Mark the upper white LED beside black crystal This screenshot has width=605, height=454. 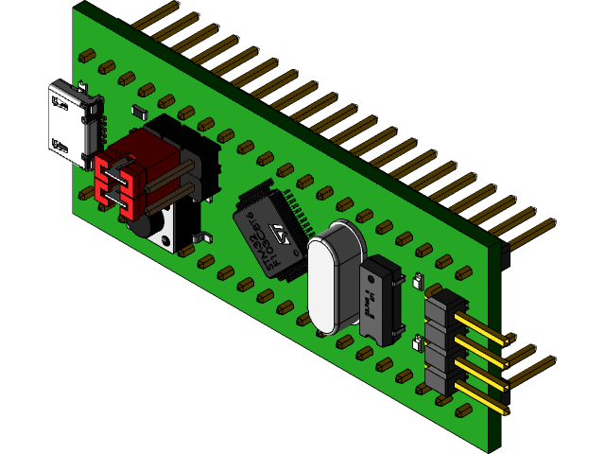[417, 281]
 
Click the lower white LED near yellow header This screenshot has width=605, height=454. [418, 342]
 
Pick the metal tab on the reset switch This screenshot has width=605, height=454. [199, 237]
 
